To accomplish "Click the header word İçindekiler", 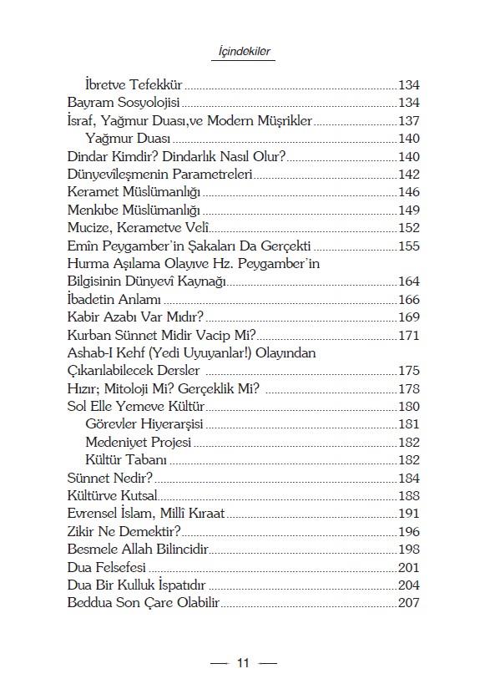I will (x=240, y=52).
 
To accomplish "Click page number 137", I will (x=408, y=121).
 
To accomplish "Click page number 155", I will (x=408, y=246).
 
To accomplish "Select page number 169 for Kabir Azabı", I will (x=408, y=317).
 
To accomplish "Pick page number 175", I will (x=408, y=371).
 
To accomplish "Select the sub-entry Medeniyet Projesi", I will (x=139, y=442).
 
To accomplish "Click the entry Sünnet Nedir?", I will (x=110, y=478).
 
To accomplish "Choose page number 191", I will (x=408, y=514).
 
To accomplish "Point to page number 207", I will (x=408, y=603).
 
